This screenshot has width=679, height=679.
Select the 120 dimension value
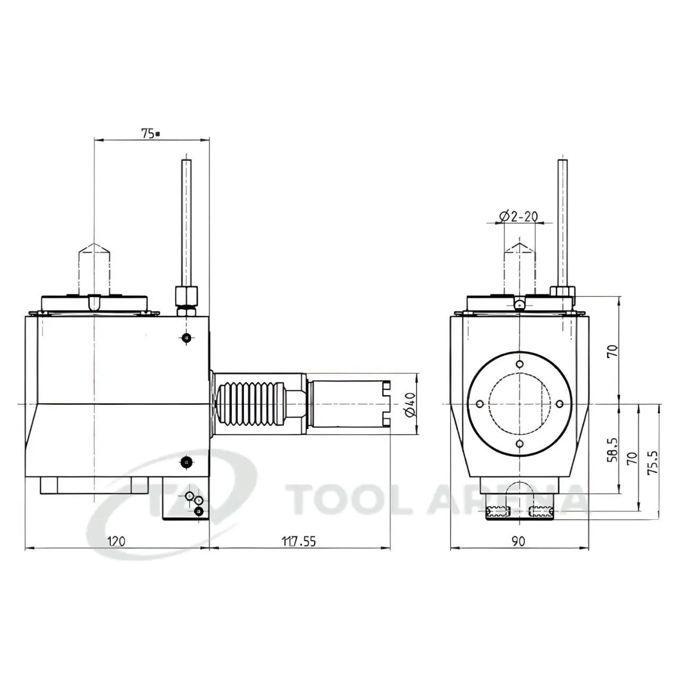tap(116, 541)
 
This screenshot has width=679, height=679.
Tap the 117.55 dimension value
tap(299, 541)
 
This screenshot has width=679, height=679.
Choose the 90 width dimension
tap(519, 541)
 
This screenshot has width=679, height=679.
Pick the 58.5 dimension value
tap(612, 450)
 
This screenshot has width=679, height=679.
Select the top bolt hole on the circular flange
tap(520, 364)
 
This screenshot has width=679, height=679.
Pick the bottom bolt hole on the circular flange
tap(520, 443)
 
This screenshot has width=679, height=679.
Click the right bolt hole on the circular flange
tap(560, 404)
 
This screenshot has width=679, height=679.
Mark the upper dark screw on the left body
tap(186, 337)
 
